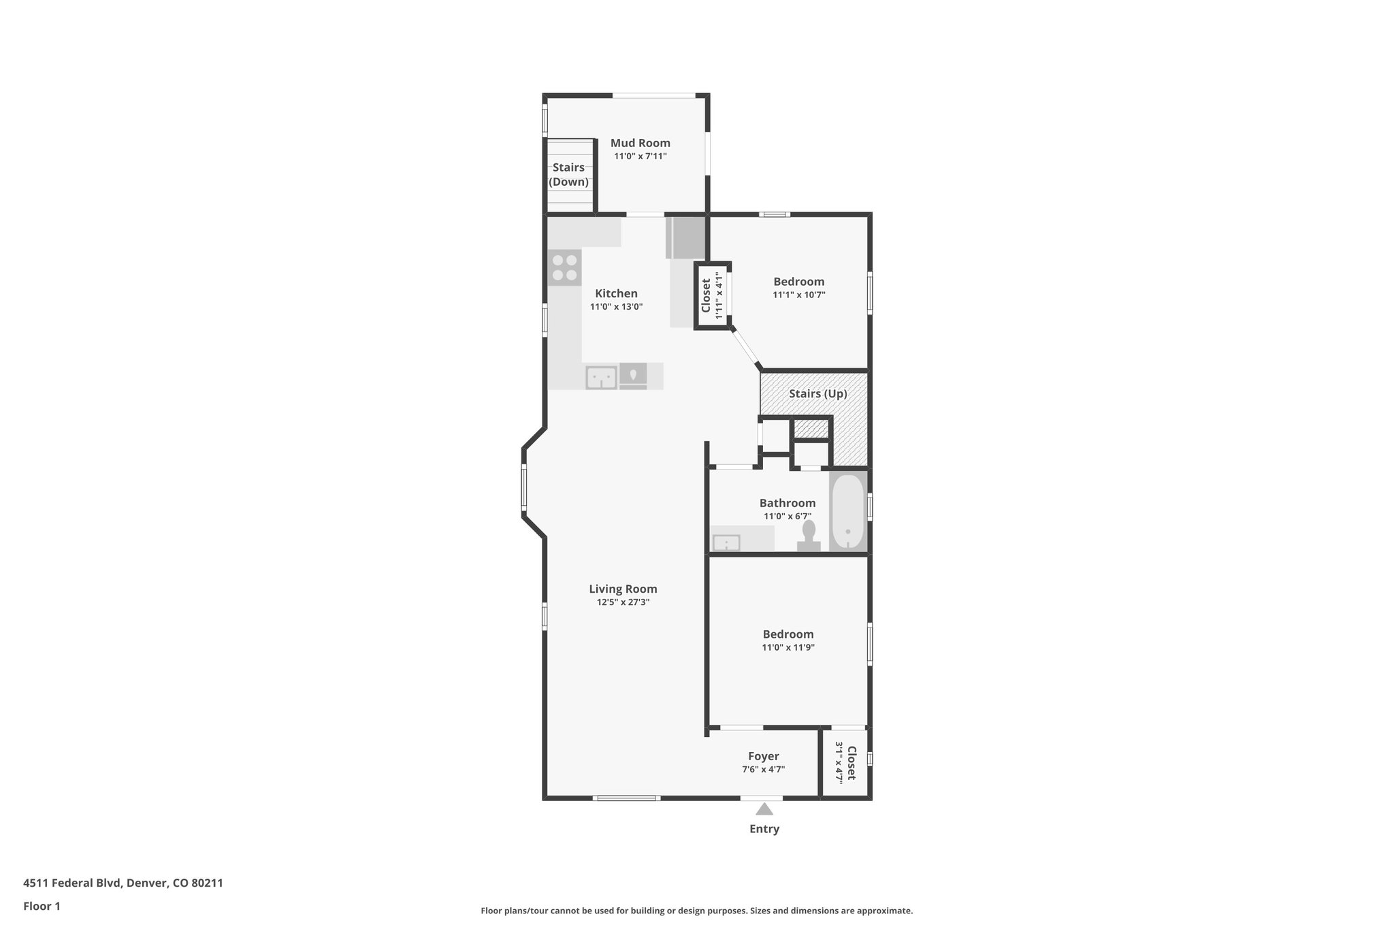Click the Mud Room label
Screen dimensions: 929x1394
click(640, 143)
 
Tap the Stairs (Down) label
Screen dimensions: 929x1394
click(568, 175)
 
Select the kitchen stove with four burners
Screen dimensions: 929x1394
click(564, 267)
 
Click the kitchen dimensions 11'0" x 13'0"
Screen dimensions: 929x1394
click(616, 307)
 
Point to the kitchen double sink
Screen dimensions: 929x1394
click(601, 377)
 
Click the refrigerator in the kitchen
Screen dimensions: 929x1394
click(686, 237)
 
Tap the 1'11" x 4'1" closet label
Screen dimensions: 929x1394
click(711, 295)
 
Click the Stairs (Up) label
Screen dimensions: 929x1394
click(817, 394)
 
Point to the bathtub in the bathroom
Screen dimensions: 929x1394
click(847, 511)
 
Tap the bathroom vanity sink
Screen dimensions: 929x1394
click(726, 543)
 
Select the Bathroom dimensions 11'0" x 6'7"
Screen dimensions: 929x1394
click(787, 517)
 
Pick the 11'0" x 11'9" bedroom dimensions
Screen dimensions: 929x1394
click(788, 648)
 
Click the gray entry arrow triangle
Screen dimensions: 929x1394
click(764, 809)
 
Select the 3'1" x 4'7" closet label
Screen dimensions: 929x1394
click(845, 762)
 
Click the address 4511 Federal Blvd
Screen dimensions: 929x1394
click(123, 883)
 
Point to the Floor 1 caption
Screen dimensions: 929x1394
click(42, 906)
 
